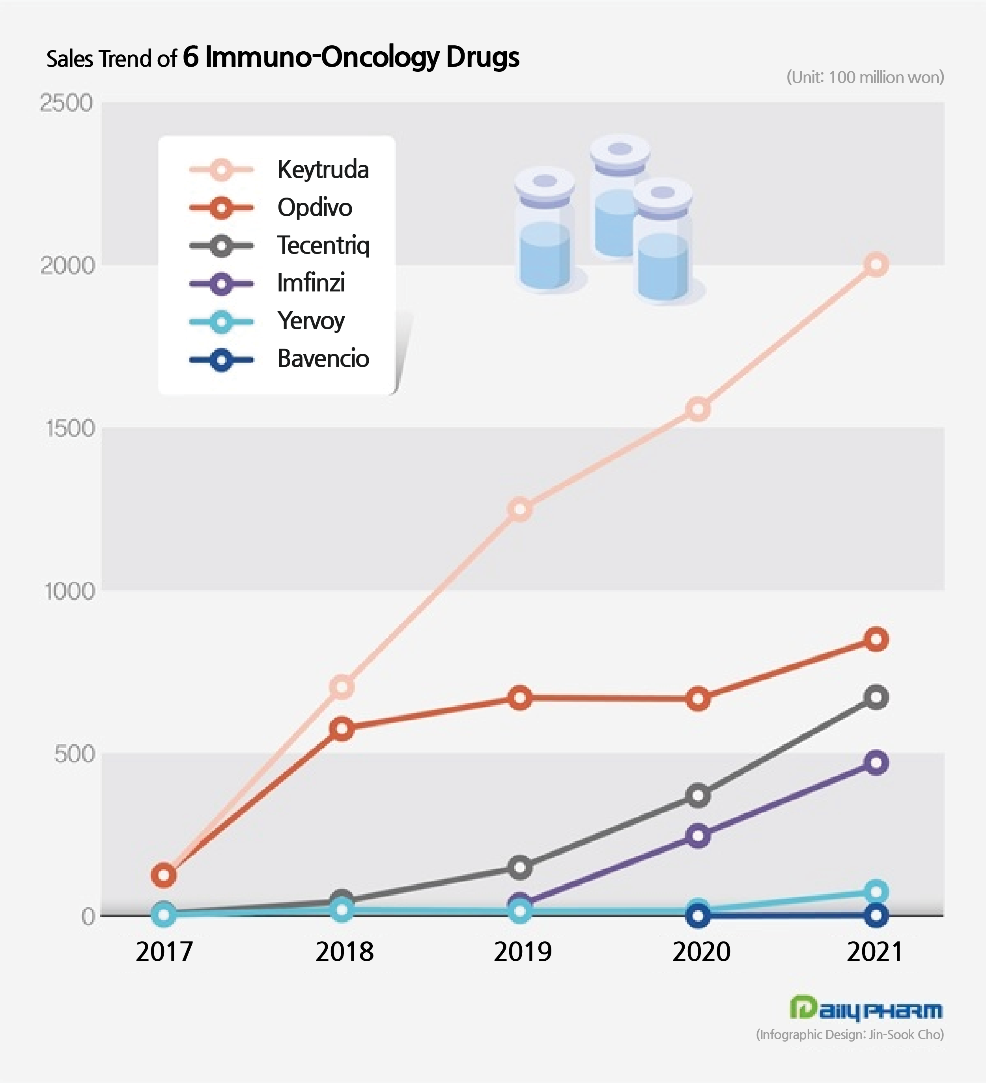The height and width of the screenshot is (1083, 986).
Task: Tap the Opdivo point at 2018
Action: [x=342, y=728]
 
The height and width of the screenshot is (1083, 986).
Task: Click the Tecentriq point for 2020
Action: [x=697, y=795]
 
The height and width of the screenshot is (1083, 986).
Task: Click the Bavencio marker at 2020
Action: [x=697, y=916]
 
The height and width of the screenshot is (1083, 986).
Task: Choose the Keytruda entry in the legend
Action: [x=323, y=170]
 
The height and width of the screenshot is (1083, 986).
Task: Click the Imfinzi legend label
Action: [x=310, y=283]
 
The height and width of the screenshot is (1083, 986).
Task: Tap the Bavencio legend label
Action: [x=323, y=359]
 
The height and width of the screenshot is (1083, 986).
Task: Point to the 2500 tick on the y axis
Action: [x=67, y=103]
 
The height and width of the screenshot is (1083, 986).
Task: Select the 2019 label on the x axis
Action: [x=522, y=952]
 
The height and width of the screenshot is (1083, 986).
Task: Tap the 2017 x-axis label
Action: [x=164, y=952]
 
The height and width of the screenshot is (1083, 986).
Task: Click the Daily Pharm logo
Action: [x=866, y=1009]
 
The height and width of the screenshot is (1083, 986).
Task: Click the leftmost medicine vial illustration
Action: [x=545, y=231]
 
